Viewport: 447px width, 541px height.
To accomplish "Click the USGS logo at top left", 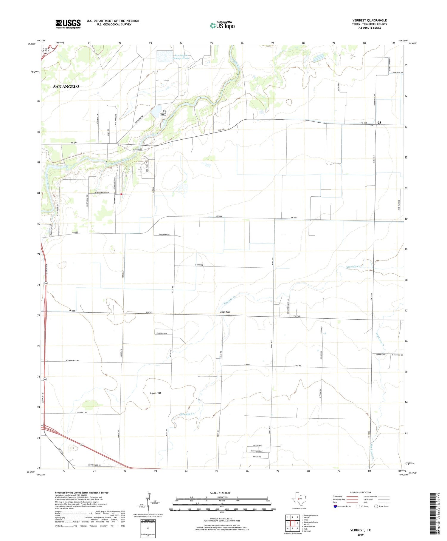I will pyautogui.click(x=68, y=24).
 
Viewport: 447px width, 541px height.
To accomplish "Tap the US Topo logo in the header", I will pyautogui.click(x=222, y=25).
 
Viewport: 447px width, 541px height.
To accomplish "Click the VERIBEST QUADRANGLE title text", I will pyautogui.click(x=369, y=20).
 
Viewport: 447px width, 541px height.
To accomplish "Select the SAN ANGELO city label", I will pyautogui.click(x=66, y=87).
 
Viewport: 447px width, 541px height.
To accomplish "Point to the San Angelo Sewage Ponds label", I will pyautogui.click(x=181, y=57).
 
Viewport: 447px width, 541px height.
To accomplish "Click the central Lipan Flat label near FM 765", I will pyautogui.click(x=225, y=312).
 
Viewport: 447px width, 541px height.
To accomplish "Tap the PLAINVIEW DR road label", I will pyautogui.click(x=163, y=333).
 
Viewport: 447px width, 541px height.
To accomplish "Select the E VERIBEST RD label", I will pyautogui.click(x=397, y=73).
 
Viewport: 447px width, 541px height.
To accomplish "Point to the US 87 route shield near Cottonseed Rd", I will pyautogui.click(x=81, y=445).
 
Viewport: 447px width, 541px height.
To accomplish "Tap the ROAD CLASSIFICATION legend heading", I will pyautogui.click(x=360, y=492).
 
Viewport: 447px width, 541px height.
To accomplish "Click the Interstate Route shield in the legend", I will pyautogui.click(x=335, y=506).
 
